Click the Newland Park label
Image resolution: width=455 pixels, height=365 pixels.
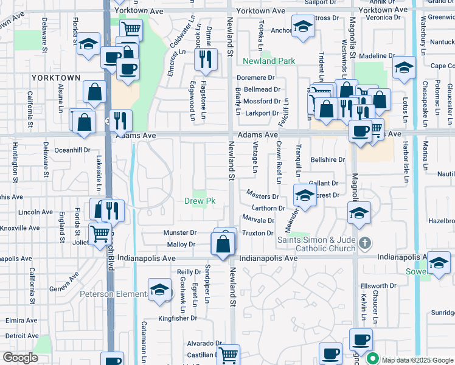(x=269, y=61)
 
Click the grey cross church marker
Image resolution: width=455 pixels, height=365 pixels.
(x=364, y=244)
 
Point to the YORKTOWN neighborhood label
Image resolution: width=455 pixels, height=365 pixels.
(x=55, y=78)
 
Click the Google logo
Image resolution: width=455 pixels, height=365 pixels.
(x=20, y=358)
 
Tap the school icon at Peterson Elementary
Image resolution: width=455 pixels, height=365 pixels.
(x=159, y=290)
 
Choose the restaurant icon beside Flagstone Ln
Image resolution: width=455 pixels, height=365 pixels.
(x=205, y=59)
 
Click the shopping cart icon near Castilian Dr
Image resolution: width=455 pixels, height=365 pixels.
(x=229, y=354)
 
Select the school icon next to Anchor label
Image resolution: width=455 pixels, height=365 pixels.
(x=302, y=27)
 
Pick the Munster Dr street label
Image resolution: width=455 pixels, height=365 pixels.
(x=180, y=233)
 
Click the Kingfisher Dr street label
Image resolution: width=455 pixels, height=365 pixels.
(x=178, y=318)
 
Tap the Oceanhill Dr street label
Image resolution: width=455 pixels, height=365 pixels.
(x=72, y=150)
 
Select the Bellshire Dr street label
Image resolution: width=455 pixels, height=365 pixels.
(x=328, y=160)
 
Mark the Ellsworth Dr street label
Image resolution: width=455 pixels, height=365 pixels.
(x=378, y=286)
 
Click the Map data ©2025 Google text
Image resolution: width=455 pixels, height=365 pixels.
(x=417, y=360)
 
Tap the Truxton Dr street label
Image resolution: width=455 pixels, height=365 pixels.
(x=258, y=233)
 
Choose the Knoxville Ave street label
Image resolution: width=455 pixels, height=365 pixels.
(x=20, y=228)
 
